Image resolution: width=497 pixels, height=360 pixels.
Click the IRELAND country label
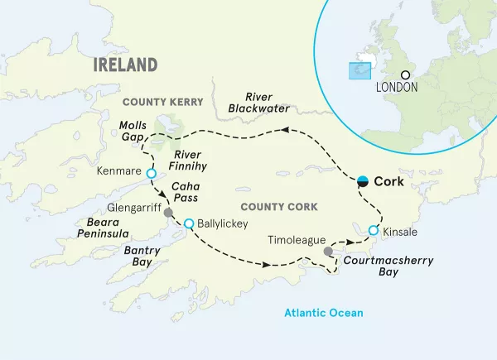pyautogui.click(x=125, y=65)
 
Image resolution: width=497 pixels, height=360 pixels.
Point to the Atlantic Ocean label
pyautogui.click(x=324, y=313)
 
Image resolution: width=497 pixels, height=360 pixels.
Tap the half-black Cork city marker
pyautogui.click(x=363, y=181)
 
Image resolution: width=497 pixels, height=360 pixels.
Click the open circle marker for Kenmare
pyautogui.click(x=151, y=174)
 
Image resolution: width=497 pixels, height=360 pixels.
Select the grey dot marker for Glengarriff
pyautogui.click(x=169, y=210)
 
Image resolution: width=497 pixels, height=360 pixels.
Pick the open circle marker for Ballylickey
pyautogui.click(x=189, y=223)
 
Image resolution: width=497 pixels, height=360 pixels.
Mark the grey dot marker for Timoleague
pyautogui.click(x=328, y=251)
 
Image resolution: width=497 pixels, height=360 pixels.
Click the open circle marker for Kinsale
pyautogui.click(x=374, y=230)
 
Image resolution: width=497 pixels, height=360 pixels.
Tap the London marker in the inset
pyautogui.click(x=405, y=74)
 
